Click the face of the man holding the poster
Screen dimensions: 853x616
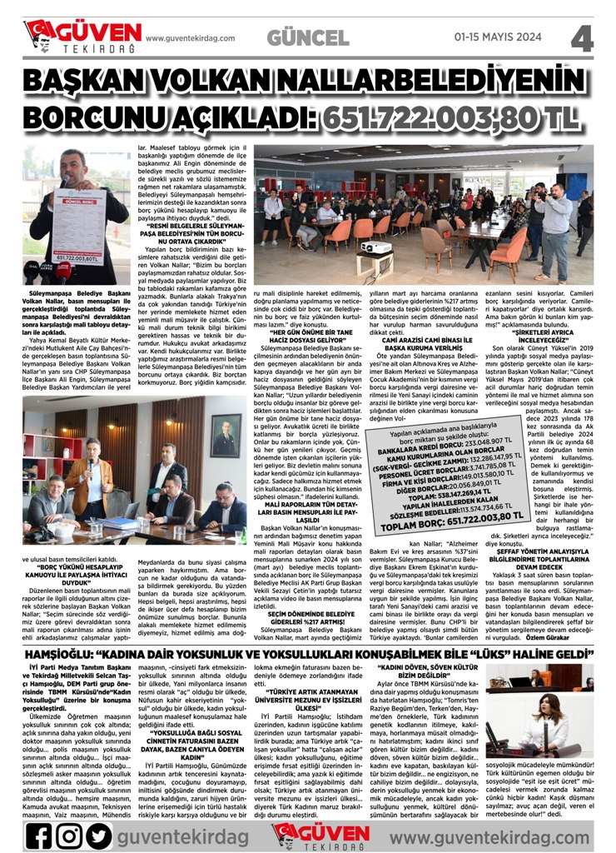(73, 162)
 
